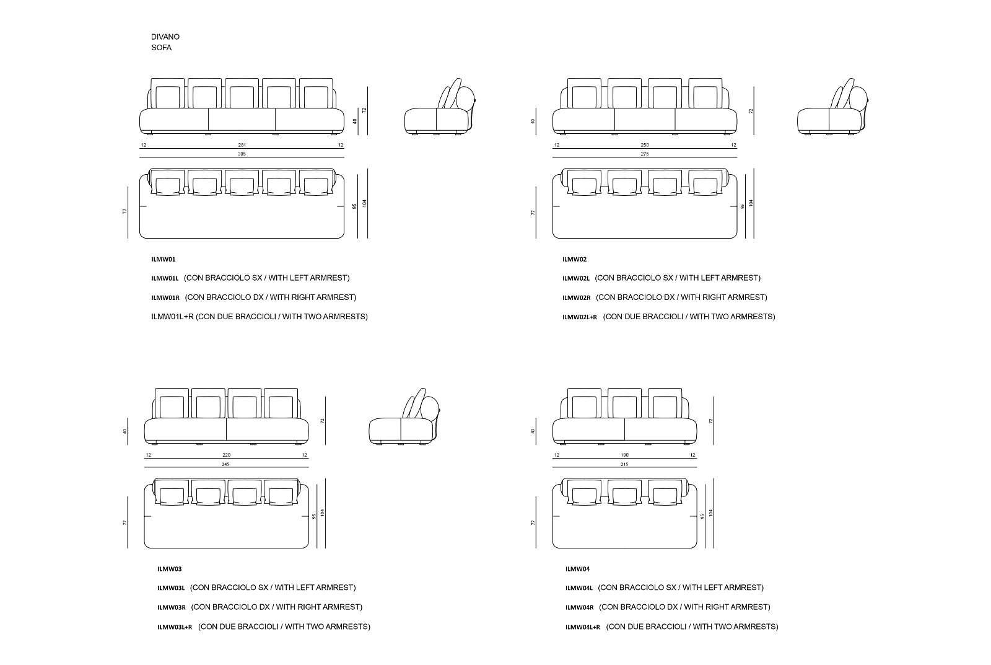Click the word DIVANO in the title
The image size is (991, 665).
[x=165, y=37]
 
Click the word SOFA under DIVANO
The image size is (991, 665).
[x=161, y=48]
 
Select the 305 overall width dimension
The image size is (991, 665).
[x=242, y=154]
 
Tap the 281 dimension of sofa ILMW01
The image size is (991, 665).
[x=242, y=145]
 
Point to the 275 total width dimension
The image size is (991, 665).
[x=645, y=154]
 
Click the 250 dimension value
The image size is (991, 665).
[x=645, y=145]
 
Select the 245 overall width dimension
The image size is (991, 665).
[x=226, y=464]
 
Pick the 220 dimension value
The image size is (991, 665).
[x=226, y=455]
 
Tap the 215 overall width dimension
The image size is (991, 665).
[x=624, y=464]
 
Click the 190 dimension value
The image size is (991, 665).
[x=624, y=455]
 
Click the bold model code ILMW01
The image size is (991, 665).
[x=163, y=260]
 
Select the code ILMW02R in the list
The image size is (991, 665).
[x=576, y=297]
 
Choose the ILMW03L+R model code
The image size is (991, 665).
[x=175, y=627]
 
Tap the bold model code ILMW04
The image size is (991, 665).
[x=577, y=569]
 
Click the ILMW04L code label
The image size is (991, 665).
[x=578, y=588]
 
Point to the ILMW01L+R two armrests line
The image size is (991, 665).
[x=259, y=317]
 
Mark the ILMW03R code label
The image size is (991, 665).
[x=171, y=607]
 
